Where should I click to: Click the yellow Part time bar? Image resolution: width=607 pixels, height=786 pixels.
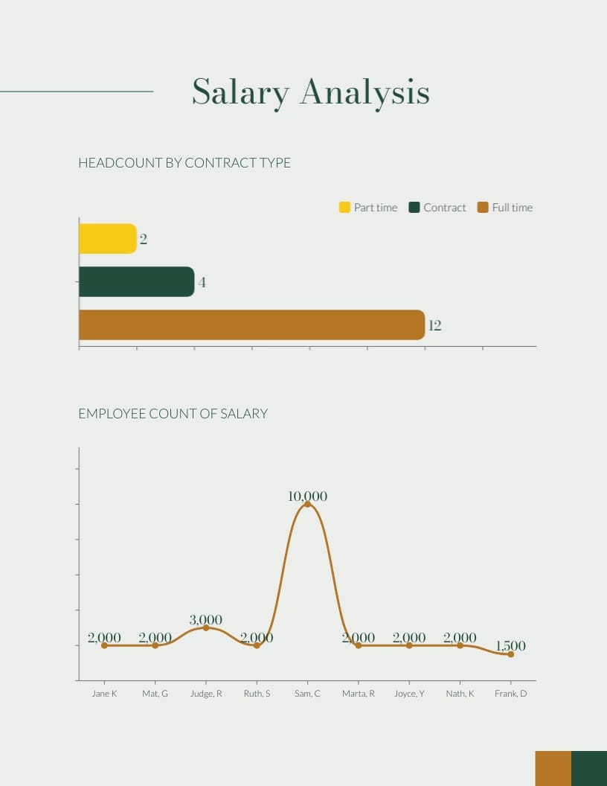coord(107,239)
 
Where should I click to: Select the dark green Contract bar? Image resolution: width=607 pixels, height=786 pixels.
coord(136,282)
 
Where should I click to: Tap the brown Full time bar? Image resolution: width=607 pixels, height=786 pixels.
coord(251,325)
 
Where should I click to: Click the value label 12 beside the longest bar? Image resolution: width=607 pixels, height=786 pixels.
coord(435,325)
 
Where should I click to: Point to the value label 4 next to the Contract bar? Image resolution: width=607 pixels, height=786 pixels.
coord(202,283)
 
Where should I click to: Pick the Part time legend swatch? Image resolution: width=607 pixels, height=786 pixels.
coord(344,208)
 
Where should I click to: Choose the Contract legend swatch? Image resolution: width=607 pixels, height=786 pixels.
coord(414,208)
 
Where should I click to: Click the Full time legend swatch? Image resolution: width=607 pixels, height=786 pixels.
coord(483,208)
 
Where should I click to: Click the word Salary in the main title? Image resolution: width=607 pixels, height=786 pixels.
coord(240,92)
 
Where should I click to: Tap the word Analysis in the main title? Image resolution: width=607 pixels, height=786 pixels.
coord(364,92)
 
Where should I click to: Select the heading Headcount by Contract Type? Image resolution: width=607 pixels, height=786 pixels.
coord(184,163)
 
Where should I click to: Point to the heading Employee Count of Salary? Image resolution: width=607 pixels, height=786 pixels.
coord(173,414)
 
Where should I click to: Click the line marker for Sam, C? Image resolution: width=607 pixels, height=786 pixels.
coord(307,504)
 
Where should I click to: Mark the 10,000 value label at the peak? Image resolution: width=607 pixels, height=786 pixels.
coord(307,496)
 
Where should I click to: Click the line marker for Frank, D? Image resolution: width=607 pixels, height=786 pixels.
coord(510,654)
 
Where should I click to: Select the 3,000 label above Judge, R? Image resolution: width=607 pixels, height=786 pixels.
coord(206,620)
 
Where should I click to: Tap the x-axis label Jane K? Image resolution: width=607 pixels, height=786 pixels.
coord(104,694)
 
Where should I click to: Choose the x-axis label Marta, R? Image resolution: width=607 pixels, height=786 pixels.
coord(359,694)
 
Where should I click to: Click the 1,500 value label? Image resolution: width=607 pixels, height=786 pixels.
coord(510,646)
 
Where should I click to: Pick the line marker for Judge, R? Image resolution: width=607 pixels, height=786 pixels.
coord(206,628)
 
